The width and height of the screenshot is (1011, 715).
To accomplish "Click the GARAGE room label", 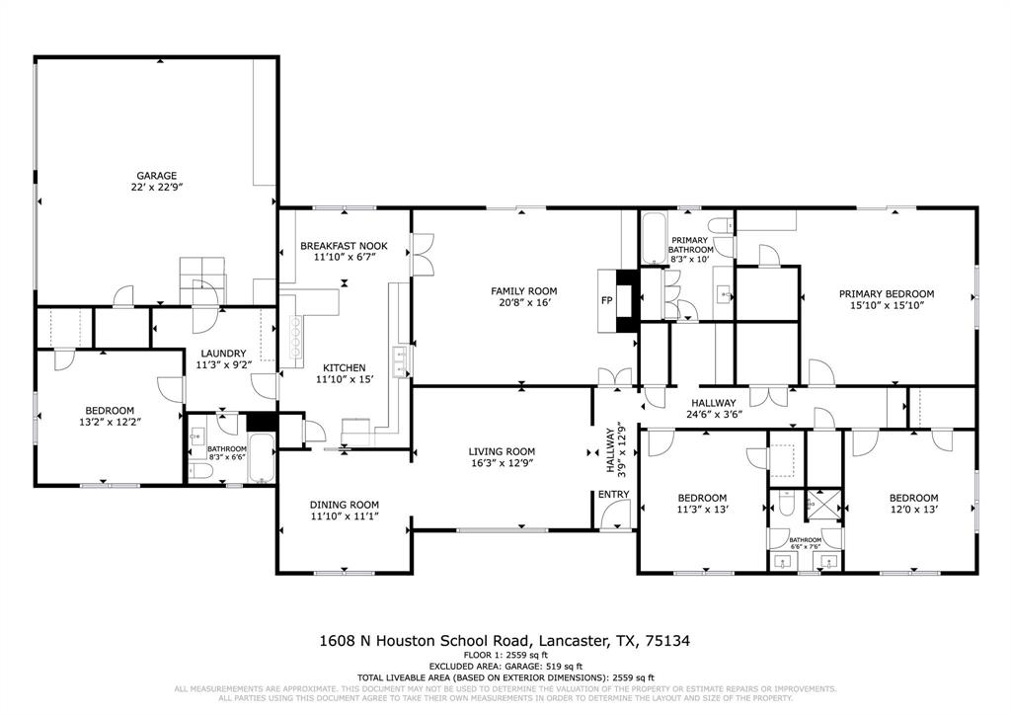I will click(156, 176).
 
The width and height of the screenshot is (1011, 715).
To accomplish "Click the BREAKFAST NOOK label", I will click(344, 246).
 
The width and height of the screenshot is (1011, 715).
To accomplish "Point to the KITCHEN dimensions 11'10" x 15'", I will click(340, 379).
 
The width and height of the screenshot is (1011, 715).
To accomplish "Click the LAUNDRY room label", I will click(222, 354).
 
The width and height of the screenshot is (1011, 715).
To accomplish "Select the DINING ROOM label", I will click(345, 504).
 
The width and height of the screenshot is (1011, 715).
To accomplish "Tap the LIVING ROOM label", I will click(501, 451).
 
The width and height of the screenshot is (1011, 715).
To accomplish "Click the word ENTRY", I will click(612, 494).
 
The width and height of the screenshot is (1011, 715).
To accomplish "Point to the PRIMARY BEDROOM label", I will click(886, 293).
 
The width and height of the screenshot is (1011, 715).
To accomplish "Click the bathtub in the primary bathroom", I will click(653, 238).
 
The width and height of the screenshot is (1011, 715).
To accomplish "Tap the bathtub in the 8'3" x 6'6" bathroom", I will click(260, 459).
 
